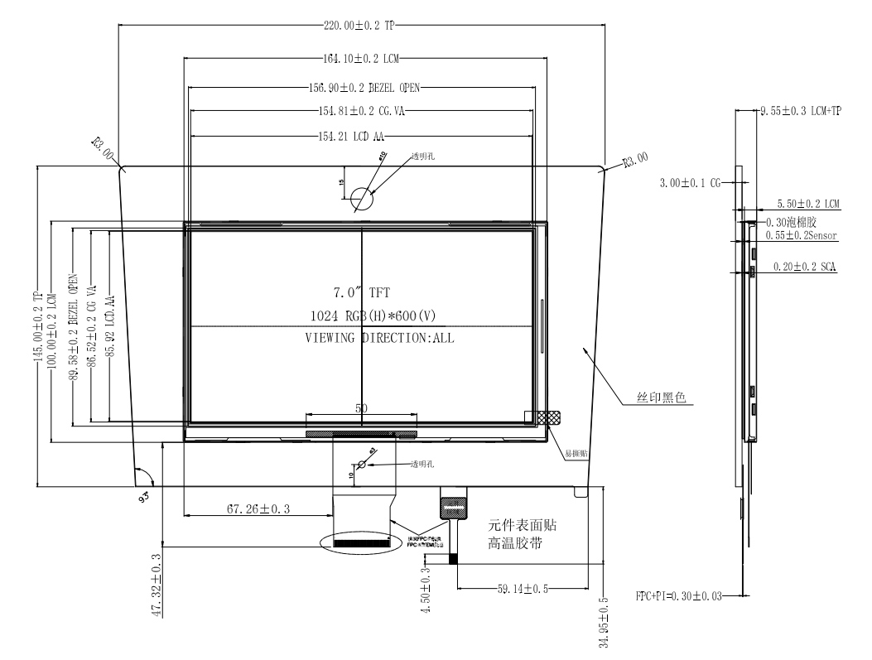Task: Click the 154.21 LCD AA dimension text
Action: point(361,136)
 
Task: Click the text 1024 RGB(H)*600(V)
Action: point(361,316)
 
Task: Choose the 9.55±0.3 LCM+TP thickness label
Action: point(800,111)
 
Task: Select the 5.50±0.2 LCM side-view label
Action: point(807,203)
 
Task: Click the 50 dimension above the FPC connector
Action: point(361,408)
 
